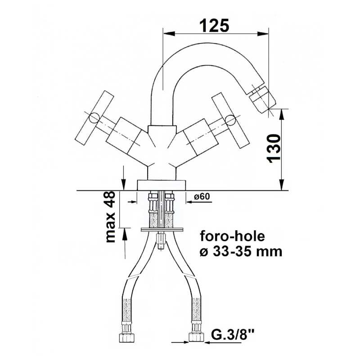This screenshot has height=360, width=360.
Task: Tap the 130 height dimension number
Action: point(274,148)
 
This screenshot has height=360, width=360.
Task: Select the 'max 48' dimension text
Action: point(110,217)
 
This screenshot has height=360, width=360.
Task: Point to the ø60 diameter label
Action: point(202,196)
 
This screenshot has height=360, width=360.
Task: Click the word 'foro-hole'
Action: point(232,237)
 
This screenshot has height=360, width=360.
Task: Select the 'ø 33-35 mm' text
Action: point(241,252)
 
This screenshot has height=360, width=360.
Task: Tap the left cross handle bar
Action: point(94,118)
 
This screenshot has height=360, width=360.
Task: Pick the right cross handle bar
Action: point(230,121)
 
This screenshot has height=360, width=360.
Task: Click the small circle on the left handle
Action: point(94,118)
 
